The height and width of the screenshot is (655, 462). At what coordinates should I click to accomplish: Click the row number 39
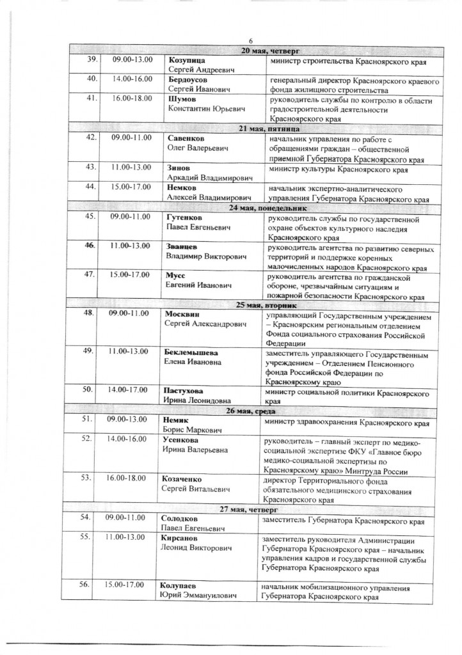pyautogui.click(x=92, y=59)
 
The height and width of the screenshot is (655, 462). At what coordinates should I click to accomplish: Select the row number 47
pyautogui.click(x=92, y=276)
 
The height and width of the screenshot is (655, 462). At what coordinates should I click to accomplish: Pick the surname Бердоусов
pyautogui.click(x=188, y=79)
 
